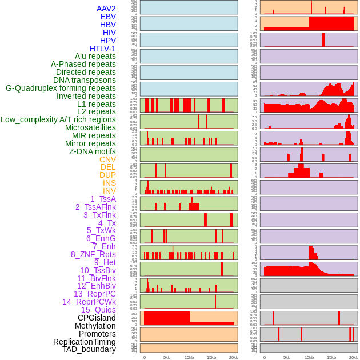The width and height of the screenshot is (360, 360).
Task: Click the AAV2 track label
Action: (106, 9)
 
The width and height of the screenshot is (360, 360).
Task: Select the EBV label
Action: (108, 17)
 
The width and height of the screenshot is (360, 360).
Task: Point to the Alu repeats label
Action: (95, 56)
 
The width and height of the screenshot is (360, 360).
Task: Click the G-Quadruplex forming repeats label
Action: (61, 88)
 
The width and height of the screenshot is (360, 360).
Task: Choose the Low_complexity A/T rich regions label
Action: (58, 119)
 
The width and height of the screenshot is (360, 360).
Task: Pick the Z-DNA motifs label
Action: (92, 151)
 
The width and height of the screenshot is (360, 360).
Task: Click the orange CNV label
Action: (107, 159)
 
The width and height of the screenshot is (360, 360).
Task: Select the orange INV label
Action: (109, 191)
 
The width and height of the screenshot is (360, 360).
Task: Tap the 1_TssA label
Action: (103, 199)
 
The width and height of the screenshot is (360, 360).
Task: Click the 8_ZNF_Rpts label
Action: (93, 254)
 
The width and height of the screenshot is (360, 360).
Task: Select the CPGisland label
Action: (97, 318)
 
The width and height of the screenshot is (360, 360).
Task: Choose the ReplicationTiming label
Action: (85, 342)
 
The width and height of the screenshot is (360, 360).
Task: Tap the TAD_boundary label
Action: (89, 349)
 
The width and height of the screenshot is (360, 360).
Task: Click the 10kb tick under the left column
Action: (189, 357)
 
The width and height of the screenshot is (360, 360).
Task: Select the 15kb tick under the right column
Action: (331, 357)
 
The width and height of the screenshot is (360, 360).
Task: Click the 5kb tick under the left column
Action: (167, 357)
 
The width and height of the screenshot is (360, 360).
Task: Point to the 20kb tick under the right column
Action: (354, 357)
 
